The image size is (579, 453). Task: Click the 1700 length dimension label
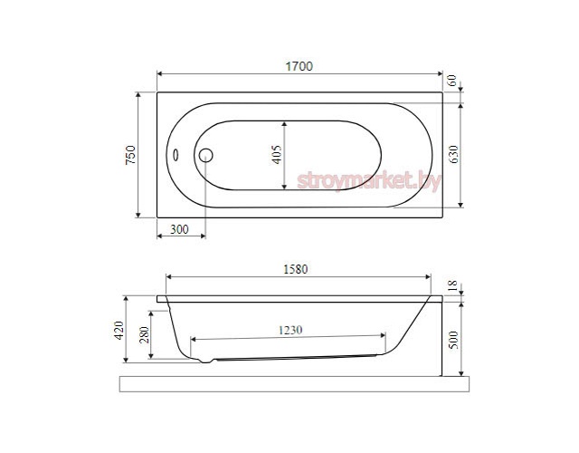tap(299, 66)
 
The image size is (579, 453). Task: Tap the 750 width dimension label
tap(130, 155)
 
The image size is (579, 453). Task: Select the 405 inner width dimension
tap(276, 155)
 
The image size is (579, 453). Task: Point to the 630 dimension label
tap(453, 155)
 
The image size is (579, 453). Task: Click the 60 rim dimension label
tap(452, 81)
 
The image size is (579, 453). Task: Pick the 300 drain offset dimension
tap(179, 229)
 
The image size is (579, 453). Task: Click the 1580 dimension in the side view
tap(296, 269)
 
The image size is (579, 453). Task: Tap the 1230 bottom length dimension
tap(290, 330)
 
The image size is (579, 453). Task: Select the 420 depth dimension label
tap(119, 330)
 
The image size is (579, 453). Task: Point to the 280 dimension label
tap(145, 334)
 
